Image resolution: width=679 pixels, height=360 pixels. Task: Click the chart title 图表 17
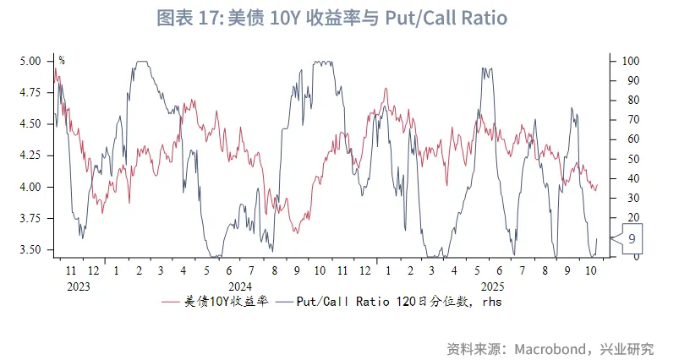click(183, 19)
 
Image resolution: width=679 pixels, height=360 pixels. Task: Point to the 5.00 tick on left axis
click(30, 61)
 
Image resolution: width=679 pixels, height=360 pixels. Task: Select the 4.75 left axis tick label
click(30, 92)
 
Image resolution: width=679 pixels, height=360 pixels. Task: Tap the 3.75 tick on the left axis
click(30, 218)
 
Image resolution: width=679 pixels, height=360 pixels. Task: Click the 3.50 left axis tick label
click(30, 249)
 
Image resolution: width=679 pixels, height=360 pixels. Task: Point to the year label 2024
click(239, 286)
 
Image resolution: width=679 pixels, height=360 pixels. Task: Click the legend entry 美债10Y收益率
click(227, 301)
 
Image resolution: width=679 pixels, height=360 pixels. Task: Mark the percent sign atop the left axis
click(62, 60)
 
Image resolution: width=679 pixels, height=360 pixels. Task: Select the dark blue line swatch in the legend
click(282, 301)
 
